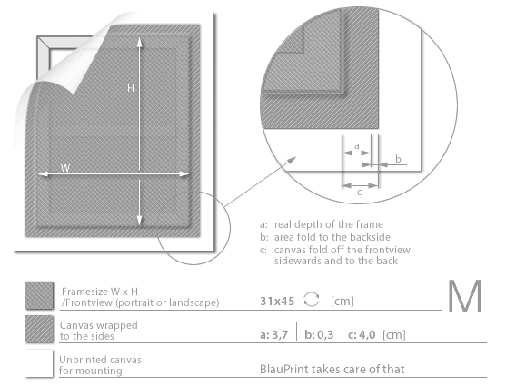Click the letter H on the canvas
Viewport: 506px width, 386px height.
point(131,88)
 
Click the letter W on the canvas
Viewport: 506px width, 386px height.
point(65,168)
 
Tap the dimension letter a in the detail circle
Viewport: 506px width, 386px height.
point(357,146)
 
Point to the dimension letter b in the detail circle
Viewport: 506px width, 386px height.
point(398,159)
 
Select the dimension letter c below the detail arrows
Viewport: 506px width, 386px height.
point(359,193)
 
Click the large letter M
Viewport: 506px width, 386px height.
point(465,297)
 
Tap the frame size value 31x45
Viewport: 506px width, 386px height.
point(277,302)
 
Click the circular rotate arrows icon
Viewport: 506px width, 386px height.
point(312,300)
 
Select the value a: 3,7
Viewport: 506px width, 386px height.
point(274,334)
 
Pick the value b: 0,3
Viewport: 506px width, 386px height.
point(319,334)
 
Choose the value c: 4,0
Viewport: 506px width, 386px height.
point(362,334)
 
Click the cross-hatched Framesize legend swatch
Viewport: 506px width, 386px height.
point(39,295)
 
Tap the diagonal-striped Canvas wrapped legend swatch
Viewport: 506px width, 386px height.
point(39,329)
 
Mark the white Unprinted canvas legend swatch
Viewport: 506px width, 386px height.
point(39,363)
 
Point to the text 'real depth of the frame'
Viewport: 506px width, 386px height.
point(329,224)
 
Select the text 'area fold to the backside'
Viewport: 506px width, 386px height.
point(332,237)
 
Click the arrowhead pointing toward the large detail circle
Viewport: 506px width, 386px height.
point(292,160)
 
